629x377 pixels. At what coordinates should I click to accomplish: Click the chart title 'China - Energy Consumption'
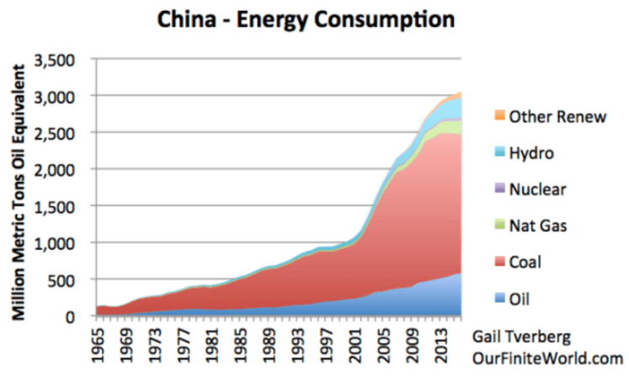click(314, 18)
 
